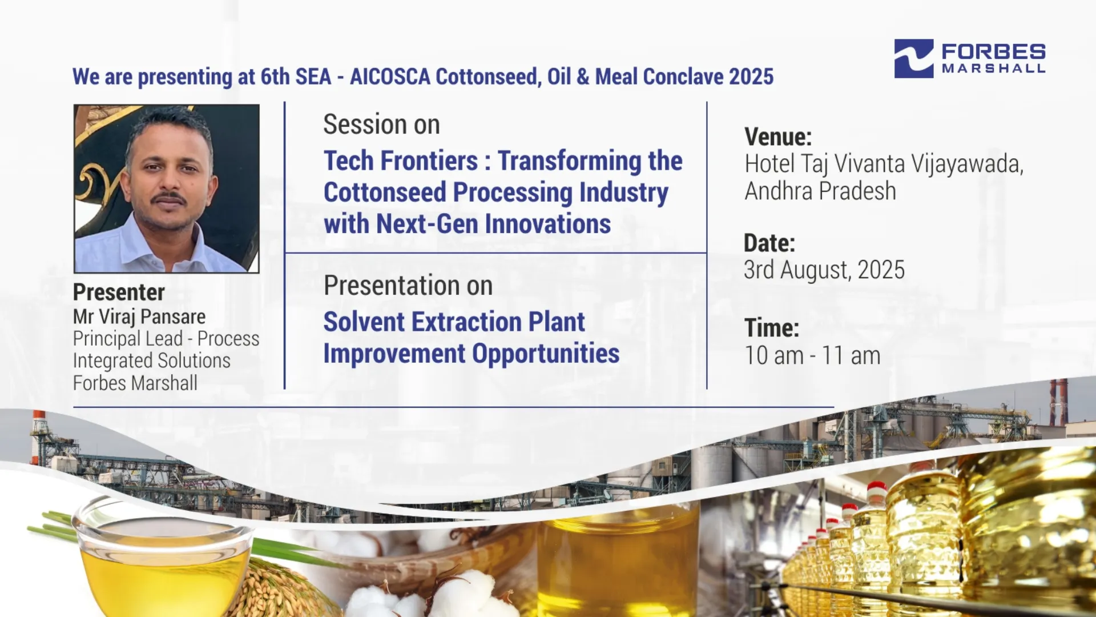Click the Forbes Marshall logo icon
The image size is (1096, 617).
[x=914, y=58]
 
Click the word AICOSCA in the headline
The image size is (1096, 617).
[x=390, y=77]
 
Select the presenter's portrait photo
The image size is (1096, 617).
[x=167, y=189]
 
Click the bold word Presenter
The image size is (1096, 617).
[x=119, y=293]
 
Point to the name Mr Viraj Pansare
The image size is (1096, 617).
[x=139, y=316]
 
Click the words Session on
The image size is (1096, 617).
[x=381, y=125]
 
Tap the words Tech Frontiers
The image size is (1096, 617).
[x=401, y=161]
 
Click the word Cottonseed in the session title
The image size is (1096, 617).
[x=385, y=193]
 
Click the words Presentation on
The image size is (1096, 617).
[x=408, y=286]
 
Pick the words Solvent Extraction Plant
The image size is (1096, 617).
[x=454, y=322]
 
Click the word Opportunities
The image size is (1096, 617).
[x=546, y=354]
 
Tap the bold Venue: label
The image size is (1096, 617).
[x=778, y=137]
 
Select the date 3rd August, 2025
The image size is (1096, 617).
[x=824, y=270]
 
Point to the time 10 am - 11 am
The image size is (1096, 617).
[x=812, y=355]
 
